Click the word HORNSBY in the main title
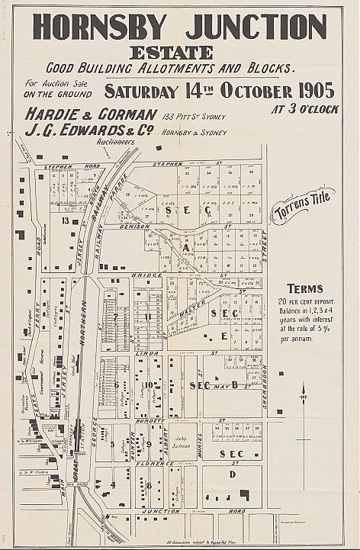[98, 27]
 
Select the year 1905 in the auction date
[307, 90]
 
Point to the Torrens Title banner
[302, 207]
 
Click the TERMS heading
[304, 289]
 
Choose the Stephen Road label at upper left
[62, 166]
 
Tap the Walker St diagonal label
[194, 308]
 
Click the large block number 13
[66, 221]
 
